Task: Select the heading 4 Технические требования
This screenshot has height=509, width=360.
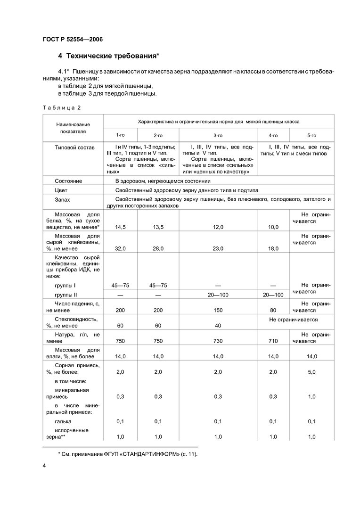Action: pos(109,57)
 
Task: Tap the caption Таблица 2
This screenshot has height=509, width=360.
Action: pos(61,107)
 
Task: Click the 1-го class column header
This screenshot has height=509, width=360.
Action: pos(121,135)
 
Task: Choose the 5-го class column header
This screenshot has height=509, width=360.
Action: pos(311,135)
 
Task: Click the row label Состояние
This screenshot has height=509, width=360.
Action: pos(68,181)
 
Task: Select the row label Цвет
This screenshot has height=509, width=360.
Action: pos(61,190)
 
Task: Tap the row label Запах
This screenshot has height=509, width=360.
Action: pos(63,200)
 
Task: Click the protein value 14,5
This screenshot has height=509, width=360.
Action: pos(120,227)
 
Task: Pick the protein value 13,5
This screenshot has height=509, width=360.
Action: pos(158,227)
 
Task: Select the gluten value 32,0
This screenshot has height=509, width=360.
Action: pos(120,248)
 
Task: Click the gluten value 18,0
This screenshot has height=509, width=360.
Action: pos(273,248)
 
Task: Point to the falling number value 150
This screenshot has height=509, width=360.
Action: pos(218,311)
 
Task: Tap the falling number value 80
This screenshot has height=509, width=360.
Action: pos(273,311)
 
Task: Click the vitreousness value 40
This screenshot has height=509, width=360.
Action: pos(218,326)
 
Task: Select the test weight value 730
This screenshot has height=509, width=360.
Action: pos(218,341)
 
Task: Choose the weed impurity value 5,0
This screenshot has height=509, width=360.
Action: pos(311,372)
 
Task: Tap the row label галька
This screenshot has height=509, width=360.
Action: pos(63,421)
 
